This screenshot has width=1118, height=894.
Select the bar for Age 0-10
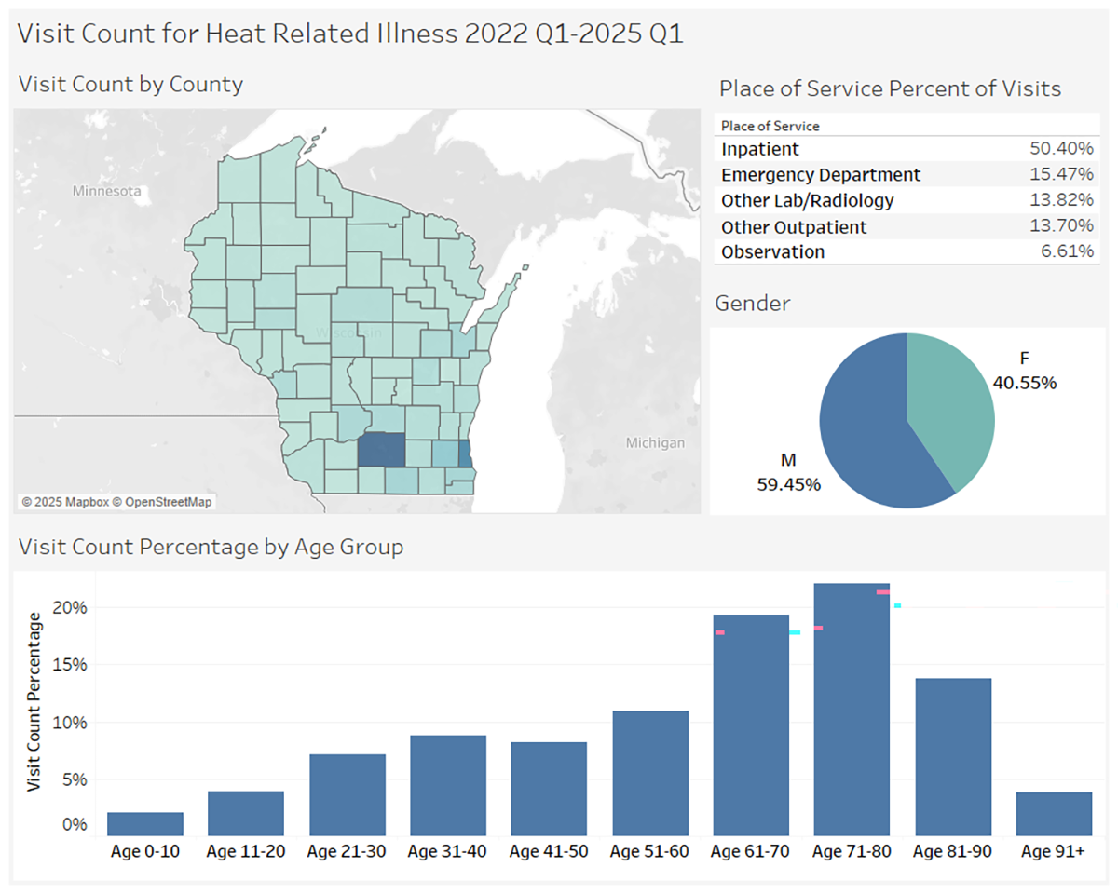144,824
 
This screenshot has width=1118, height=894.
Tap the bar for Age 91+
1054,814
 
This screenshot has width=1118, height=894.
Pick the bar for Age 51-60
650,773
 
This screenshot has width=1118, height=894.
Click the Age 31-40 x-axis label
448,851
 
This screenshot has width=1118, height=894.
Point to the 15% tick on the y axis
68,665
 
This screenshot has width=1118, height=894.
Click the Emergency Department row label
821,175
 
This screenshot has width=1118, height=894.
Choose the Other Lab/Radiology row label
808,201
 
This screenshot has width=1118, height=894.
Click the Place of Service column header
770,126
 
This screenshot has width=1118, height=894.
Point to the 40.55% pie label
1024,382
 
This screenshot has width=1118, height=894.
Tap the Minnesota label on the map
107,191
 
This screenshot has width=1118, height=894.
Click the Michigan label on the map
655,442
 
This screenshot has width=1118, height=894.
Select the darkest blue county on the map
382,450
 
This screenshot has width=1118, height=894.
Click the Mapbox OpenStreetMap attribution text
117,503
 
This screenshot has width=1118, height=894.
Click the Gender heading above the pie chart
752,304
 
